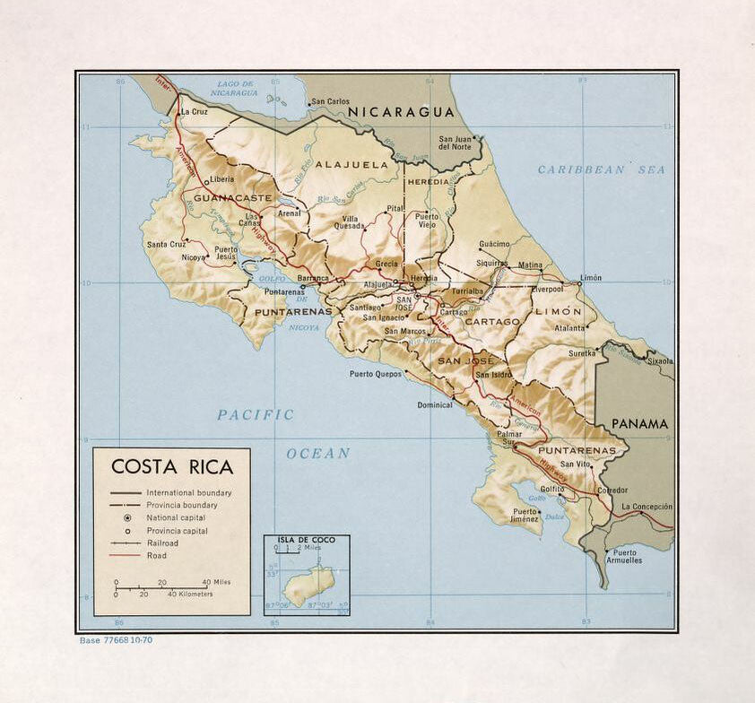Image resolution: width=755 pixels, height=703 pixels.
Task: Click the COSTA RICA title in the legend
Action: [171, 467]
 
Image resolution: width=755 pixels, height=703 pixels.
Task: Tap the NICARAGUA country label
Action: [402, 112]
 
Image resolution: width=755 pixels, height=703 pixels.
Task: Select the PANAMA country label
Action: [639, 423]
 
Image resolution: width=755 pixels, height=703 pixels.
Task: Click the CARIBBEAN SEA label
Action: [602, 169]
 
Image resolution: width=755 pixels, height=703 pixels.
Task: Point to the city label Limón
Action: [591, 278]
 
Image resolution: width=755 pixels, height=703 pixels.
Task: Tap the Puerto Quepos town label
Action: [375, 374]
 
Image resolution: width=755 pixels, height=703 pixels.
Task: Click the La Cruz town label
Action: [195, 112]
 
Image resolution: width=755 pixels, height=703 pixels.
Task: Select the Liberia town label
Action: [222, 178]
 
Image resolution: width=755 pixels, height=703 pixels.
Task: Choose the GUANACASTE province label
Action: [232, 197]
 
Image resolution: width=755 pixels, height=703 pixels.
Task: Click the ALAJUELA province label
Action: [351, 165]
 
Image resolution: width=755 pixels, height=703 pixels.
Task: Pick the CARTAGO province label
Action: [492, 321]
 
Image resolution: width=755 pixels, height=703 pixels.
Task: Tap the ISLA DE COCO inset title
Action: [307, 540]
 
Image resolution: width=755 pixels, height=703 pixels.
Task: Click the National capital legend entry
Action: [176, 517]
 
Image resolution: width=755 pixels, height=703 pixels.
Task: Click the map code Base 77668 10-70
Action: [117, 640]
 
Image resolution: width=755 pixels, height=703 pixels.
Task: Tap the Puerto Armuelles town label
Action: [626, 556]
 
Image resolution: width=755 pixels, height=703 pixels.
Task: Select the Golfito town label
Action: [551, 489]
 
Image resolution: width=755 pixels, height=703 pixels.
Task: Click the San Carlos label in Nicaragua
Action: [331, 102]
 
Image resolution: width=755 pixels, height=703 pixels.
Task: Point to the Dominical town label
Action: [435, 404]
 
